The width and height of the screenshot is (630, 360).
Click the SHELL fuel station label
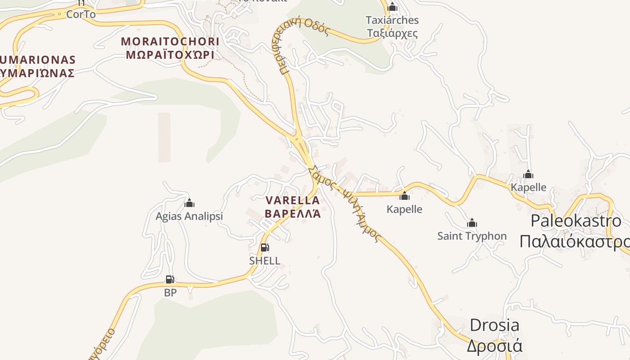point(265,261)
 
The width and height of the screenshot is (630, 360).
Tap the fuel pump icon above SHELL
point(265,247)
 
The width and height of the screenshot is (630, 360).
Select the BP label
point(170,292)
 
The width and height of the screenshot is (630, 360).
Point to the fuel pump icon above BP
point(170,279)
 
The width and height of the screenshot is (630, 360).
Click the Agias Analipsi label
point(189,216)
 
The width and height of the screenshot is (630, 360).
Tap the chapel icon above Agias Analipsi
point(189,203)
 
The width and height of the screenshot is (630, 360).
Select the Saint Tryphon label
point(472,236)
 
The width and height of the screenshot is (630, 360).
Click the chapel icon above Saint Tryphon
point(472,223)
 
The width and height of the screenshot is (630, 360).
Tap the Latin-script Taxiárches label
point(392,20)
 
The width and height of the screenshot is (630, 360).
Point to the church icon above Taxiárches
point(392,7)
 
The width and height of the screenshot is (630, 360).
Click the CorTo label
point(81,14)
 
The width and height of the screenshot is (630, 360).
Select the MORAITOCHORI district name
point(170,42)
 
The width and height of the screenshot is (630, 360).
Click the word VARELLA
point(293,200)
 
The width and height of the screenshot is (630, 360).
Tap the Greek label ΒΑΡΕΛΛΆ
point(293,213)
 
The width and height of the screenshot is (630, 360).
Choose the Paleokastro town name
point(576,221)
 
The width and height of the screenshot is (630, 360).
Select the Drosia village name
point(494,325)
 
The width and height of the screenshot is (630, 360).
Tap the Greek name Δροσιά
point(494,346)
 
